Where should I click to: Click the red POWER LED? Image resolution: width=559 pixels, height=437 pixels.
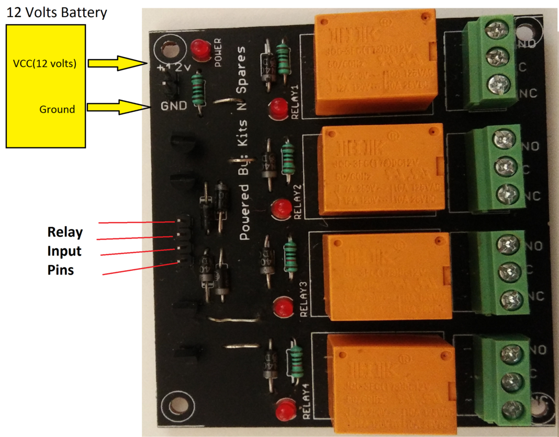click(198, 48)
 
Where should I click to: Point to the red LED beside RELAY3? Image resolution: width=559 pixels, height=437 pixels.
click(283, 307)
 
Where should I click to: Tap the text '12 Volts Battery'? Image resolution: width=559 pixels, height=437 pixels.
click(56, 13)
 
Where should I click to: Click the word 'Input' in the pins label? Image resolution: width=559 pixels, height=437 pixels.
click(64, 251)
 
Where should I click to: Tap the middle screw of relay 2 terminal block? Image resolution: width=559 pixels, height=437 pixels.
click(505, 167)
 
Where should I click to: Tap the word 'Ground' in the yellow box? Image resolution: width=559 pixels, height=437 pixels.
click(57, 109)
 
